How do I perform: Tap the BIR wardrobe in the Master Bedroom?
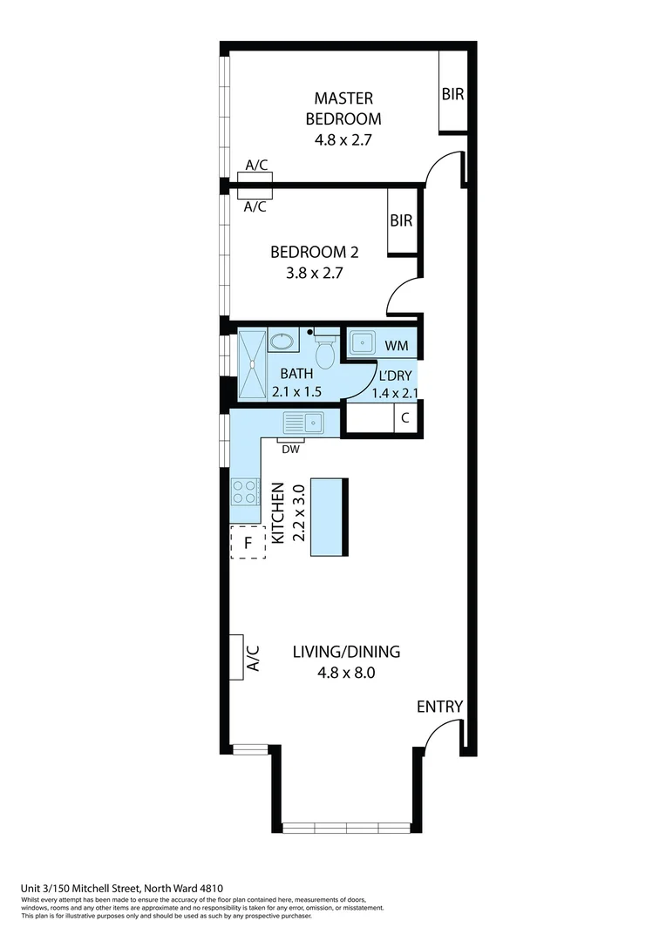[452, 94]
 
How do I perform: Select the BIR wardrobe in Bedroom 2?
[401, 221]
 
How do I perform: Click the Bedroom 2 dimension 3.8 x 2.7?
[314, 272]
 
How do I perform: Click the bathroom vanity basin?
[282, 341]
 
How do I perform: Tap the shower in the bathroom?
[252, 365]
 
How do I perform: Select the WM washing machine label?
[398, 346]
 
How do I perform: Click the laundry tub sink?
[364, 343]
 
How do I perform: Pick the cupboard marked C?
[404, 418]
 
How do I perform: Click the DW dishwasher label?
[290, 450]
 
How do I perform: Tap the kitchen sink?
[302, 423]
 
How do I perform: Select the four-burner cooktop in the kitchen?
[245, 492]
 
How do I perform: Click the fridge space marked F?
[248, 544]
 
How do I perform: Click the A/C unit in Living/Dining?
[236, 657]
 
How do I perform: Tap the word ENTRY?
[439, 707]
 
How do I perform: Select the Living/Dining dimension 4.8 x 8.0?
[345, 673]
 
